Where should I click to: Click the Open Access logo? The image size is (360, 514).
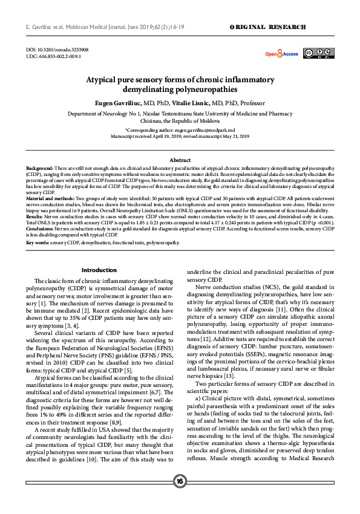(x=281, y=54)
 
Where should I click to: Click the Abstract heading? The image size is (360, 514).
(x=180, y=160)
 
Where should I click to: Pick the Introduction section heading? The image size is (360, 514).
(x=99, y=270)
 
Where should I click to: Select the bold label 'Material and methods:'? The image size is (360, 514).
(x=50, y=198)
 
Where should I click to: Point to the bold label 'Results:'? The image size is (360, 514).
(x=34, y=215)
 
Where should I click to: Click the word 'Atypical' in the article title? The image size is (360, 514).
(x=106, y=80)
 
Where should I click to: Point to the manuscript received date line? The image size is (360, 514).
(x=180, y=136)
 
